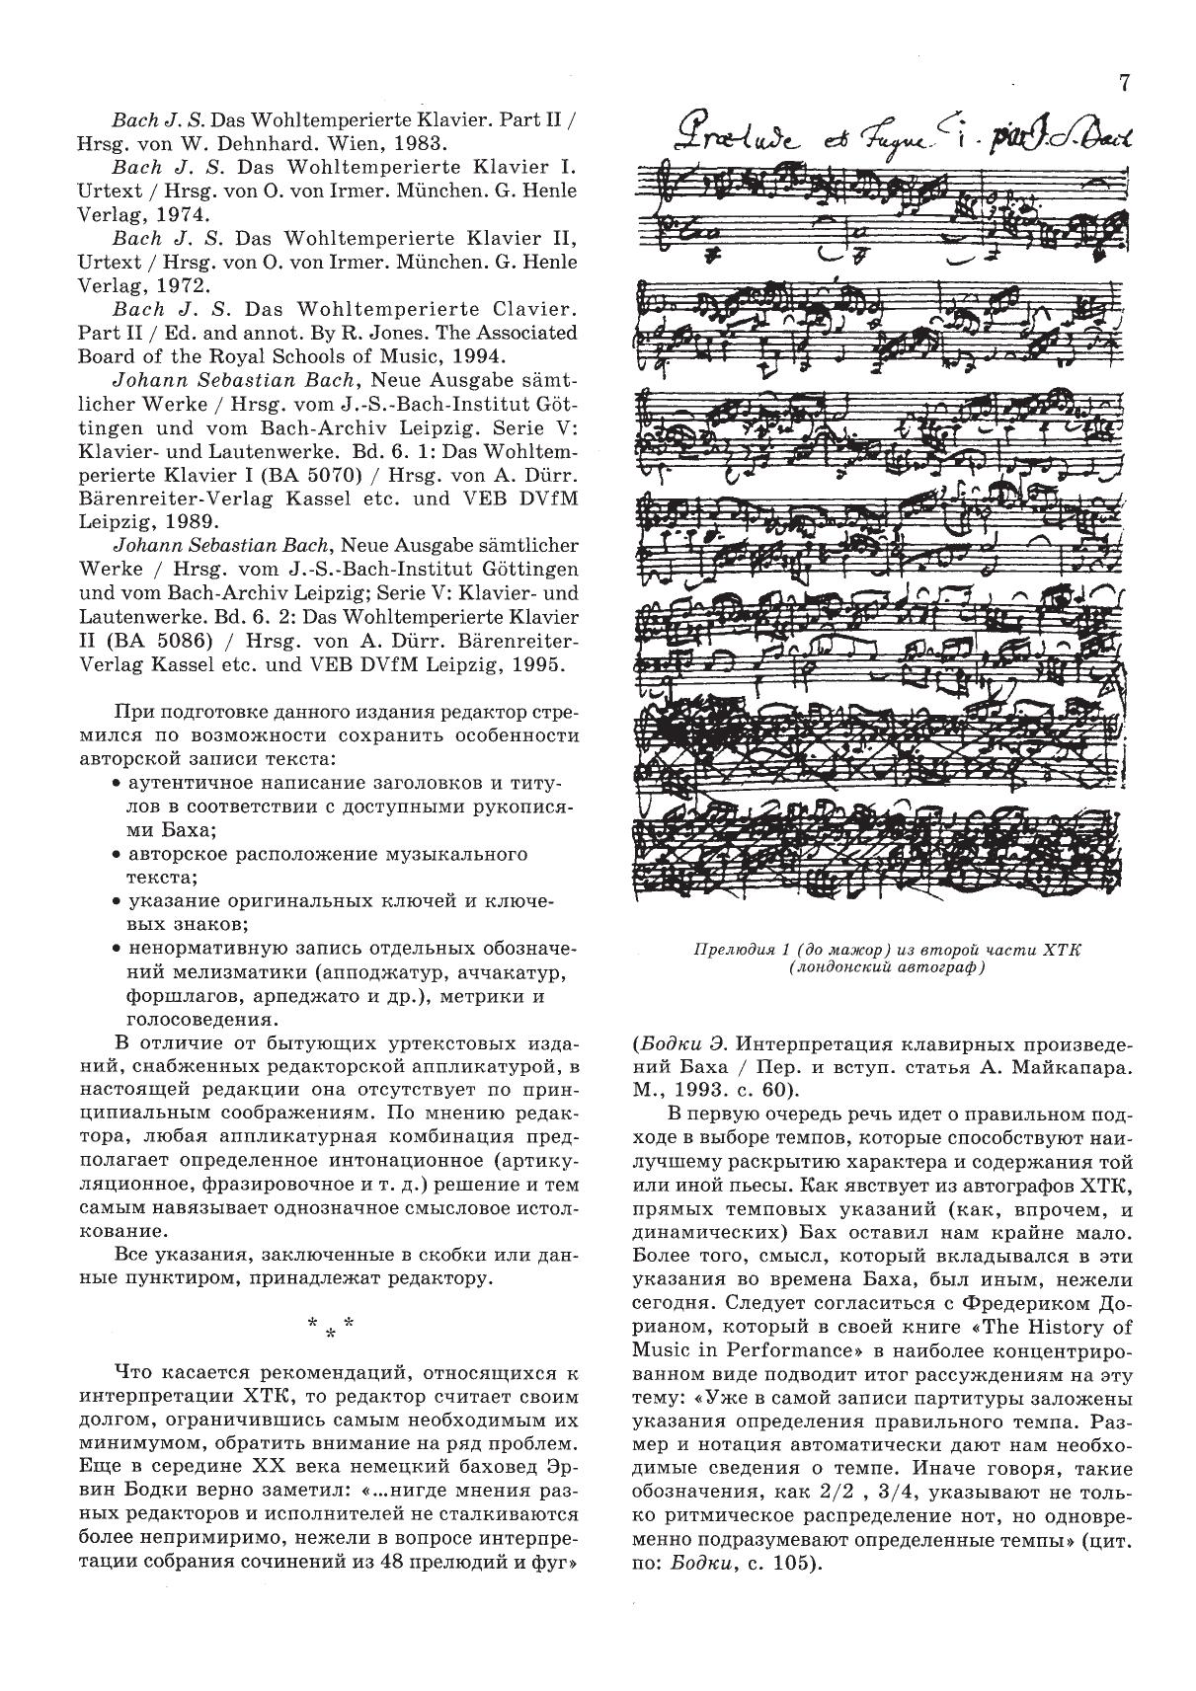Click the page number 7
(1124, 83)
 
